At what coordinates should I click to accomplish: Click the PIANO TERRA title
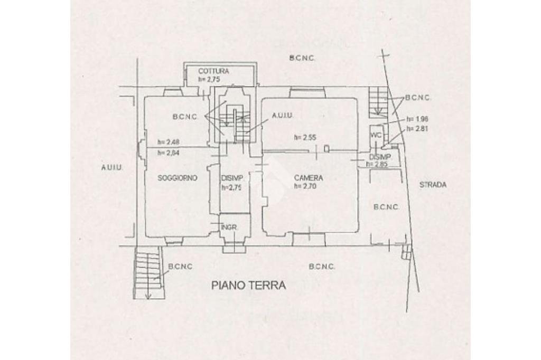click(248, 286)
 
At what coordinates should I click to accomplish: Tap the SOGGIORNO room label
click(178, 178)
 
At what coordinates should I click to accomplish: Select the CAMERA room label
click(309, 178)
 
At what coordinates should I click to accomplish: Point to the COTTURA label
click(213, 71)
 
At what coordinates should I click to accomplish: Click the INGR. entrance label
click(229, 228)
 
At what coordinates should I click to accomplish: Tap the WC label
click(376, 135)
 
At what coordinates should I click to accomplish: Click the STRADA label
click(433, 185)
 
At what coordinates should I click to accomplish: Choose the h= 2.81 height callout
click(417, 128)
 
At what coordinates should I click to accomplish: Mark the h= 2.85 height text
click(378, 165)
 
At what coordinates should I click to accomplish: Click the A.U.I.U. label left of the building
click(111, 167)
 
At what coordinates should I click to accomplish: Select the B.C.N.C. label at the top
click(302, 58)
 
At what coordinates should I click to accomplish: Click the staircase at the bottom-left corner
click(147, 272)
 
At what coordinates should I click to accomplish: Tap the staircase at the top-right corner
click(378, 101)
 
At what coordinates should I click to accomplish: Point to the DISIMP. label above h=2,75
click(231, 178)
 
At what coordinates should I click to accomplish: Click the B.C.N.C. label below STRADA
click(386, 207)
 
